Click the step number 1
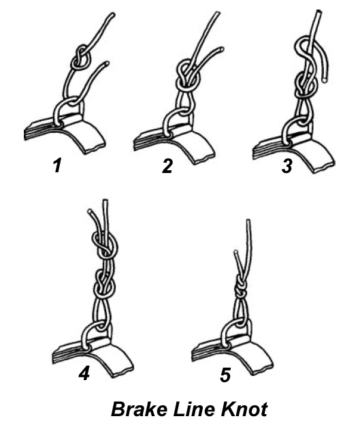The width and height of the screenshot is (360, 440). [57, 166]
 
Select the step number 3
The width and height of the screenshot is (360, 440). [287, 166]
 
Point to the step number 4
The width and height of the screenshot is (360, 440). [84, 373]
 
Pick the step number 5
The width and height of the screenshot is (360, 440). [225, 375]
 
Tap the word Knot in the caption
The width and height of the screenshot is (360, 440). [244, 409]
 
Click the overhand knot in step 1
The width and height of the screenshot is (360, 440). [81, 58]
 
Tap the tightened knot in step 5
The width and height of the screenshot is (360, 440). [240, 289]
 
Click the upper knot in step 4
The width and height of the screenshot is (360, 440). [105, 245]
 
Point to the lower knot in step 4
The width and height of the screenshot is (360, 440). [104, 284]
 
